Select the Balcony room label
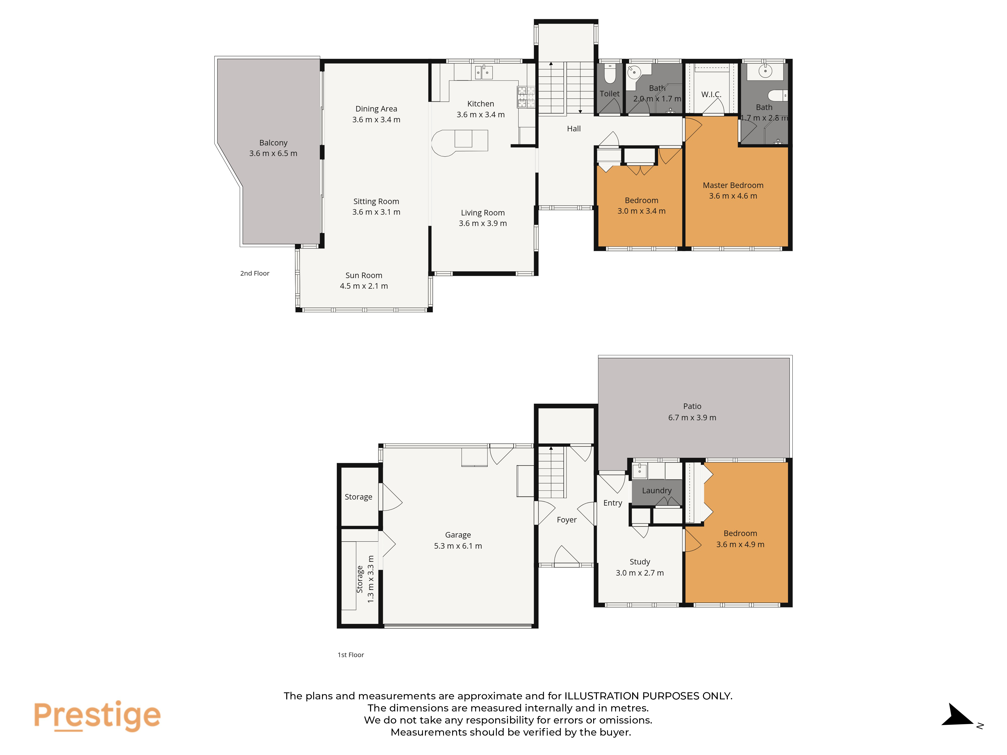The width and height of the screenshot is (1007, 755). (x=273, y=143)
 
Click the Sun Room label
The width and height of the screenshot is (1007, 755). (x=364, y=275)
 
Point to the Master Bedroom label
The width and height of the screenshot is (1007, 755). (x=733, y=185)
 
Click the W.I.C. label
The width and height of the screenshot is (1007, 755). (x=711, y=95)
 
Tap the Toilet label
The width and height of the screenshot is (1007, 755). (x=609, y=94)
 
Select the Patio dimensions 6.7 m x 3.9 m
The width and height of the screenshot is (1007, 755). (x=692, y=417)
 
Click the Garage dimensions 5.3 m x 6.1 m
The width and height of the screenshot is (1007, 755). (x=458, y=546)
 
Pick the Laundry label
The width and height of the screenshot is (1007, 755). (x=657, y=490)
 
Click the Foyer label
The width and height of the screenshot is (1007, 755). (x=567, y=520)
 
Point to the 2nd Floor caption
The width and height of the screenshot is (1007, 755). (x=255, y=273)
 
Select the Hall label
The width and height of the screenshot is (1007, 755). (x=573, y=129)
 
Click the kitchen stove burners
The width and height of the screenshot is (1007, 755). (x=526, y=97)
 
